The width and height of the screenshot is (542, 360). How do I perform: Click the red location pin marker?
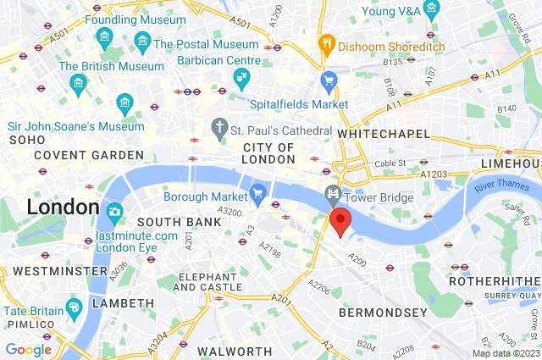(x=340, y=222)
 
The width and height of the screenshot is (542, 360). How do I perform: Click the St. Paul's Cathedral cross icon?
(x=220, y=130)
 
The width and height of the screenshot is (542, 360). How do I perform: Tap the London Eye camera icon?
(x=114, y=211)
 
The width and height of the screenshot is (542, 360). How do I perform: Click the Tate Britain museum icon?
(x=74, y=305)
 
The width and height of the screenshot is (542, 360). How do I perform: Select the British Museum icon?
(x=79, y=83)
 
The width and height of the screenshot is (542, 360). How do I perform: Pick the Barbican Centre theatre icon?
(x=241, y=80)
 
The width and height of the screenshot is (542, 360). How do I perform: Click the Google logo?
(x=28, y=350)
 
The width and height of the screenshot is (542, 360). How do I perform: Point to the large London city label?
(x=63, y=207)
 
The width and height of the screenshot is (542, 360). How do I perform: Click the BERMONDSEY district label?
(x=383, y=313)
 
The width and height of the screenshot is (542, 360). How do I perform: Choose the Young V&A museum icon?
(x=432, y=11)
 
